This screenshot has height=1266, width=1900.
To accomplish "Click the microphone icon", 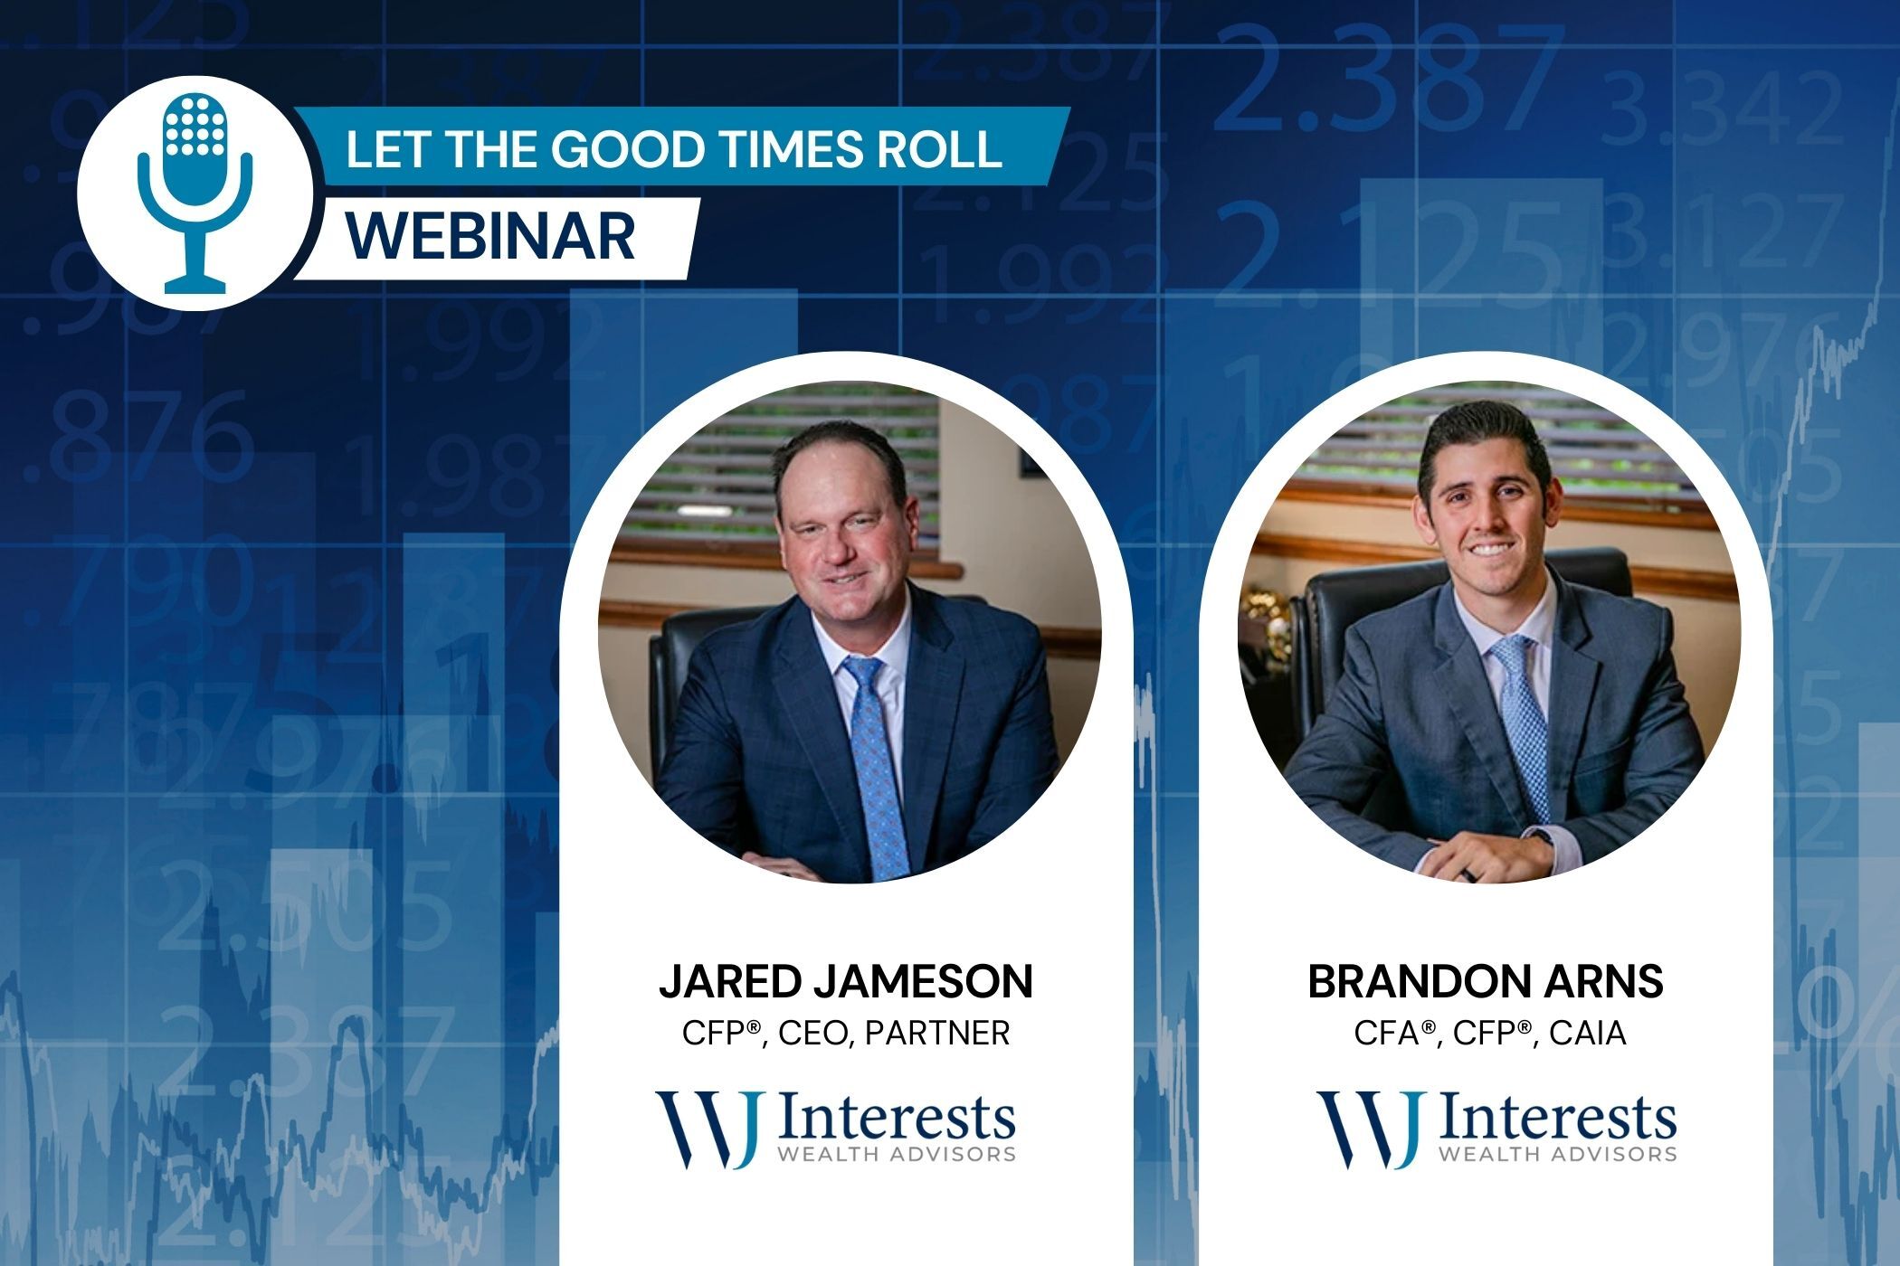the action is [x=195, y=193].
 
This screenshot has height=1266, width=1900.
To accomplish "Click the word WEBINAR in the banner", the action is [x=491, y=236].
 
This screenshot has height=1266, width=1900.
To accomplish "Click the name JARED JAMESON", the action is [x=846, y=982].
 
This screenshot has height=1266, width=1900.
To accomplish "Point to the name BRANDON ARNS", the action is [x=1486, y=982].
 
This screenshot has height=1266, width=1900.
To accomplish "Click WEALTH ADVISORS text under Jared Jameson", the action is [x=897, y=1154].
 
